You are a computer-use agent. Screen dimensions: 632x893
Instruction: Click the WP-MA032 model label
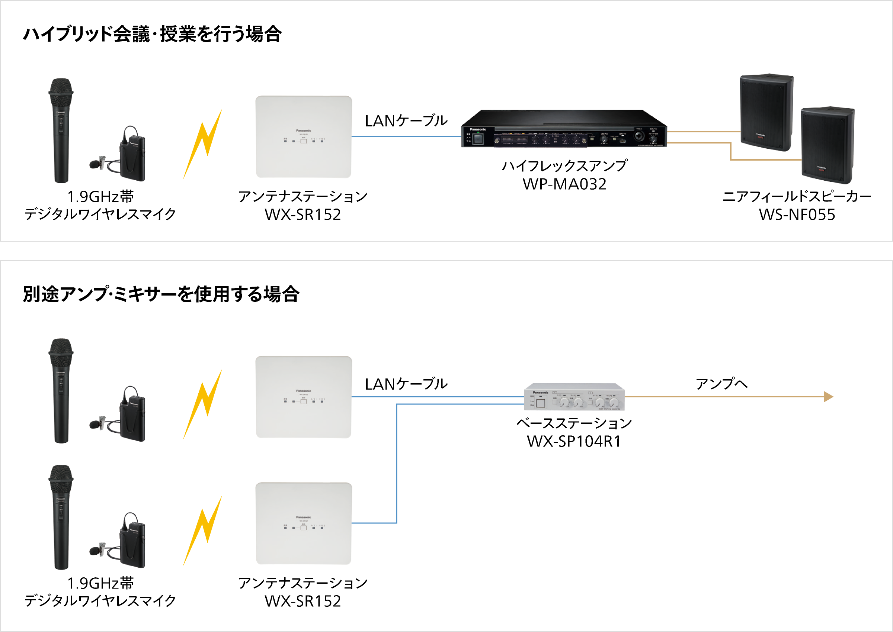click(x=564, y=184)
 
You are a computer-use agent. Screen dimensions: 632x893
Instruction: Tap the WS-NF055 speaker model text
click(x=797, y=215)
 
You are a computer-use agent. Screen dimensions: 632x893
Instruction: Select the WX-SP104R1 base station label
click(x=574, y=441)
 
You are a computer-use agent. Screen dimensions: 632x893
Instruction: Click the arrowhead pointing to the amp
click(x=828, y=397)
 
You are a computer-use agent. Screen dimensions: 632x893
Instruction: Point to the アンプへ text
click(x=721, y=384)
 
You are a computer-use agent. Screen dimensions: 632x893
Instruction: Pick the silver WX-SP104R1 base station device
click(x=574, y=397)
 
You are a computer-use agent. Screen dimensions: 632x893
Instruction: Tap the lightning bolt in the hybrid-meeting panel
click(x=203, y=144)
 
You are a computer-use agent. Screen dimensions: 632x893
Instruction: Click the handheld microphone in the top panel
click(x=61, y=130)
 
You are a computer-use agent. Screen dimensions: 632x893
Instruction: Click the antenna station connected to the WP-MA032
click(x=303, y=137)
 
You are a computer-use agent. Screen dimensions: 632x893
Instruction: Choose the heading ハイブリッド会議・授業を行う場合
click(x=152, y=34)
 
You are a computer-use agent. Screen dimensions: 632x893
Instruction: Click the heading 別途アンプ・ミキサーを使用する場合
click(x=161, y=294)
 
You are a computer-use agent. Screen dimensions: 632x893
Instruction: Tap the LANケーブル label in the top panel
click(x=406, y=121)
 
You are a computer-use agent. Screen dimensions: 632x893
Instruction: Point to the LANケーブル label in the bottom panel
click(x=406, y=384)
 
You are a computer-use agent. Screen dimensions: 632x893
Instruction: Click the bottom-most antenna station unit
click(x=303, y=523)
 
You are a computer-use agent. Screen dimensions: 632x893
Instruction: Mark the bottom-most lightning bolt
click(x=203, y=531)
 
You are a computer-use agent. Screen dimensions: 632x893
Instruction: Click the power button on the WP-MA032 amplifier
click(x=478, y=139)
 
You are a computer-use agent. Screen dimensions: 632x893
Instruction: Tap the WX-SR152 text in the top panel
click(x=303, y=215)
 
